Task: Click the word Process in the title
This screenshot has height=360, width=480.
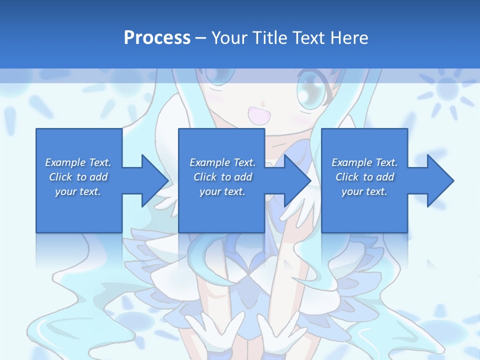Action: (x=157, y=37)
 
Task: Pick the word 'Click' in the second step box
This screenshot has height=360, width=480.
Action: (x=205, y=177)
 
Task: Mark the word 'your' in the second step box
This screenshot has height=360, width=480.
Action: (x=210, y=191)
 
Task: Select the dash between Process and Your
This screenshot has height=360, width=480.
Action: (x=200, y=38)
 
